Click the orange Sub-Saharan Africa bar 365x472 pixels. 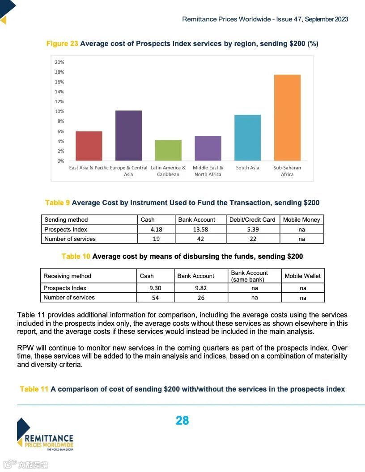(287, 118)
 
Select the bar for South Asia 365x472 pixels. (247, 138)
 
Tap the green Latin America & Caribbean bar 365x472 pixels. (168, 150)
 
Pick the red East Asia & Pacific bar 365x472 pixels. (89, 146)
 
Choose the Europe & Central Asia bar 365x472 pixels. (128, 135)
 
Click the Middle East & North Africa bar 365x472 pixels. (208, 148)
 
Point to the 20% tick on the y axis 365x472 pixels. (59, 62)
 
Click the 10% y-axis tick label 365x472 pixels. (59, 111)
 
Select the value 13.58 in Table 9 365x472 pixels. (200, 229)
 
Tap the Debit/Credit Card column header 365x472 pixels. (252, 220)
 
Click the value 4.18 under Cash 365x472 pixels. (156, 229)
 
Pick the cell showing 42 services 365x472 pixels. (200, 239)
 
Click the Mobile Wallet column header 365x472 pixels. (303, 276)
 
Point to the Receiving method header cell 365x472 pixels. (67, 276)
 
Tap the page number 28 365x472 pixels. (182, 421)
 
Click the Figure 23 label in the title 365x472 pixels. (62, 44)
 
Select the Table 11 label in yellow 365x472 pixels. (34, 389)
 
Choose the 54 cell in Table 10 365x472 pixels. (155, 298)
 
